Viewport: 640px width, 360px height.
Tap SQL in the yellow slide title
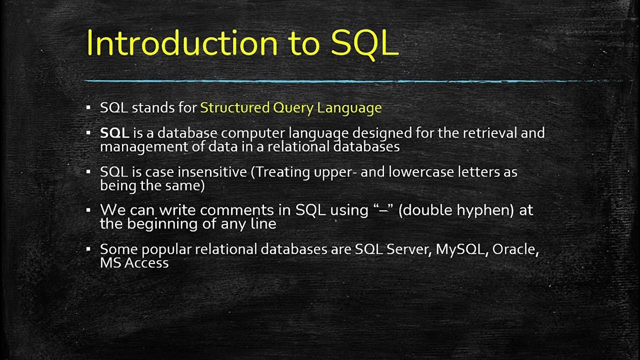coord(364,43)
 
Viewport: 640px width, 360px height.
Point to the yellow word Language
coord(349,108)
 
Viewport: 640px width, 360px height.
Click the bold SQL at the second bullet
coord(114,133)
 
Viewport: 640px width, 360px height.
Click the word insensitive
coord(212,172)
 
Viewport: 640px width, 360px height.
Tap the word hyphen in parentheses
coord(483,210)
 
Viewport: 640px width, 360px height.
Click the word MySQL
coord(460,249)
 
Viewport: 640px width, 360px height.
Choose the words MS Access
coord(134,262)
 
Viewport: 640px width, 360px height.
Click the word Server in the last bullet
coord(407,249)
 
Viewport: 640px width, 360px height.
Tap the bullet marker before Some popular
coord(88,248)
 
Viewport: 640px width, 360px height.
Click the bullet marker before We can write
coord(88,209)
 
